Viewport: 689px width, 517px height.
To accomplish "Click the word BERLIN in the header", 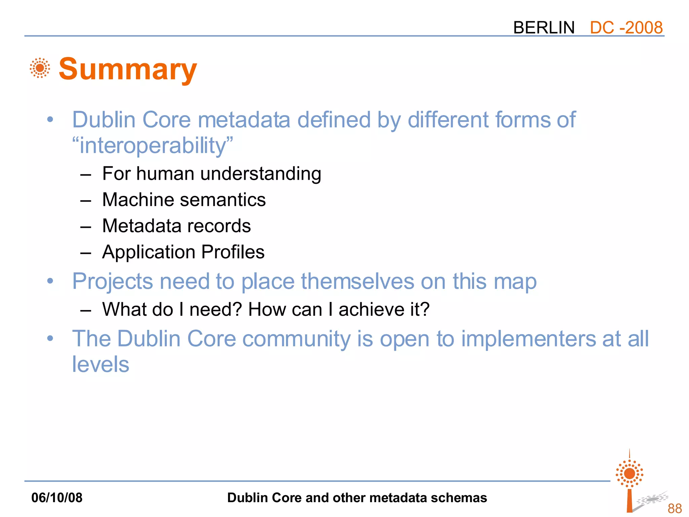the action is click(544, 28).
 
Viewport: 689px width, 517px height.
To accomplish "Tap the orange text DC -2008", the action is click(626, 28).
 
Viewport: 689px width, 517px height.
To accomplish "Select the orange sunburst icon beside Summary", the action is click(40, 68).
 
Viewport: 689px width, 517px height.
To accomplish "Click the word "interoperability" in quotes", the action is click(153, 146).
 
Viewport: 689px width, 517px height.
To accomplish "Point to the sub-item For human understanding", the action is click(212, 174).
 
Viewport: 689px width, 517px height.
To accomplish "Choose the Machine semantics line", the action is click(184, 200).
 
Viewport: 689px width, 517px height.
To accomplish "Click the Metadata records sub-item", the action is click(176, 226).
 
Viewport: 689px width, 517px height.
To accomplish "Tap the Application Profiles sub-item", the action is click(183, 252).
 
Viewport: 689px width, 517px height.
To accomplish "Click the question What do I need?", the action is click(172, 309).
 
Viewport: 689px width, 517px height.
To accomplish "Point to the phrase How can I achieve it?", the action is click(338, 309).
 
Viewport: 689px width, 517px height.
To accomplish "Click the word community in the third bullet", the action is click(296, 339).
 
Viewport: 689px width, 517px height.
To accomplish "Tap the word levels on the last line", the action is click(101, 365).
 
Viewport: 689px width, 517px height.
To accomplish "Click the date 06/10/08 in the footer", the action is click(57, 498).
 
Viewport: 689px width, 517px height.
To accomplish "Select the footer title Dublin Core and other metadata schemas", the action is click(357, 498).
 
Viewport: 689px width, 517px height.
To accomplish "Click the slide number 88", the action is click(675, 508).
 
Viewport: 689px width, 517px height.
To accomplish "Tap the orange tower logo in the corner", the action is click(629, 481).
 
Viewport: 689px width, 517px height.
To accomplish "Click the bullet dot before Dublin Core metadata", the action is click(50, 119).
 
